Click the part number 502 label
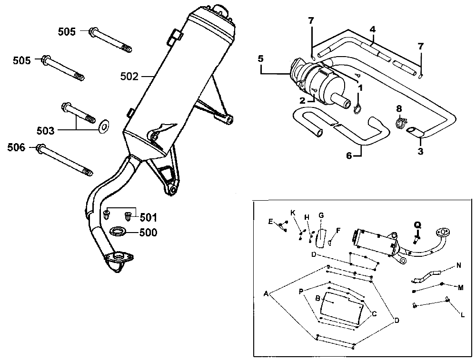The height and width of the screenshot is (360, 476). click(130, 76)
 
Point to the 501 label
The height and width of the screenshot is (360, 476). click(148, 218)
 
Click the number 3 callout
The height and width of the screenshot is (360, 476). click(420, 151)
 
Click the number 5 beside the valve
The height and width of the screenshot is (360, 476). click(260, 59)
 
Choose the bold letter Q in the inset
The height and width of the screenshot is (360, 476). click(417, 225)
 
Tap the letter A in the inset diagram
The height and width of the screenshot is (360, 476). click(266, 293)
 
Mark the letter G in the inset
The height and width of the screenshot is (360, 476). click(321, 215)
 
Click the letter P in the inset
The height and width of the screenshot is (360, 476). click(301, 291)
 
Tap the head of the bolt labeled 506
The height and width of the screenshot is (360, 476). click(41, 147)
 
